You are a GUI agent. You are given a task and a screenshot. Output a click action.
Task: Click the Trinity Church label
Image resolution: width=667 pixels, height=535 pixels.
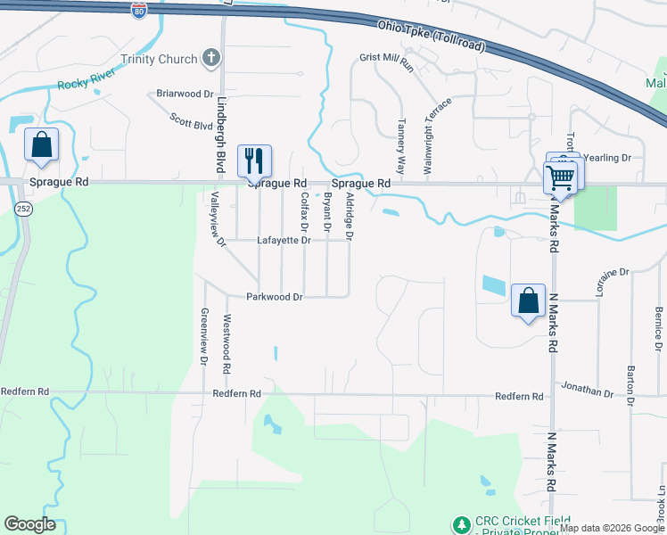pos(159,60)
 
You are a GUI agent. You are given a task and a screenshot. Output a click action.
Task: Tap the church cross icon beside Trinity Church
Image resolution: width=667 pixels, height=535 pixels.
pos(211,60)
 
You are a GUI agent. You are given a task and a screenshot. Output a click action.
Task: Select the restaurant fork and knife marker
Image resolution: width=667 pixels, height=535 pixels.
pos(254,161)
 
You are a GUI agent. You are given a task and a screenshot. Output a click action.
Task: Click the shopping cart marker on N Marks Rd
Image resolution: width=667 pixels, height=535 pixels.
pos(560,176)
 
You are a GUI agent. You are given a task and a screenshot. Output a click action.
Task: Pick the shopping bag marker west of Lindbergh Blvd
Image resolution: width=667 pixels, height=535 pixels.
pos(41,144)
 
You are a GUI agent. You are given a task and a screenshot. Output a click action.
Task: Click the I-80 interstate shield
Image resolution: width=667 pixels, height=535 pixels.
pos(138,10)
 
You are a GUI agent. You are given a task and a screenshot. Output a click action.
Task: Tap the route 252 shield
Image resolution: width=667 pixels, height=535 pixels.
pos(23,207)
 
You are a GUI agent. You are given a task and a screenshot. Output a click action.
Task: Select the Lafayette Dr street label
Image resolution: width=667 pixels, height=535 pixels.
pos(284,240)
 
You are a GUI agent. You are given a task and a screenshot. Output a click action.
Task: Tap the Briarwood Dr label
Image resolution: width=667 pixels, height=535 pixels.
pos(185,93)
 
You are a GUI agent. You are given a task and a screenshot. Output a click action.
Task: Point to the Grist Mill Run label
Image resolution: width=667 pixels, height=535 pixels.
pos(387,61)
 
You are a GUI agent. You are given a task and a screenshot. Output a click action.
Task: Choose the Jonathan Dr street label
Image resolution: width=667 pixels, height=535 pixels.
pos(587,391)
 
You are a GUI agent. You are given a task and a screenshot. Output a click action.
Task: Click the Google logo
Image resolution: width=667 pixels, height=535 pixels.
pos(30,524)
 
